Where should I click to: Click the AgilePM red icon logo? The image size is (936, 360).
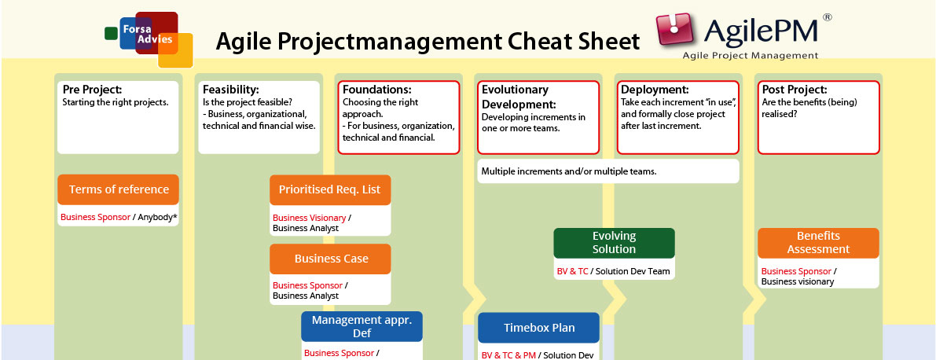pos(677,32)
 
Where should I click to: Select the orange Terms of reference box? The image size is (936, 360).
pos(119,189)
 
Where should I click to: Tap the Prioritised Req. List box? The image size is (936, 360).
pos(330,190)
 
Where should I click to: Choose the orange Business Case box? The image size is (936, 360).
pos(331,259)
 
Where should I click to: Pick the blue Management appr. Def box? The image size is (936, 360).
pos(362,326)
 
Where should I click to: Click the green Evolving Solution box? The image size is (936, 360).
pos(614,242)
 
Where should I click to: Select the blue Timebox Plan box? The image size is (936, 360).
pos(538,328)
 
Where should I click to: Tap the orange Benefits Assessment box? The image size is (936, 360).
pos(818,242)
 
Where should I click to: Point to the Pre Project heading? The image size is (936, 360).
pos(92,90)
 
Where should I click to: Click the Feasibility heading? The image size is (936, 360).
pos(230,90)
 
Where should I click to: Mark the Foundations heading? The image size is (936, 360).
pos(376,90)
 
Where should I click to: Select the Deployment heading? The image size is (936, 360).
pos(655,90)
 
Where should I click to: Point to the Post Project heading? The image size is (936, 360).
pos(794,90)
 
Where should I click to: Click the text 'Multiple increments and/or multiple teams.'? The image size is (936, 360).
pos(568,171)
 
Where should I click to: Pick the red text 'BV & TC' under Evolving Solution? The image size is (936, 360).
pos(572,271)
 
